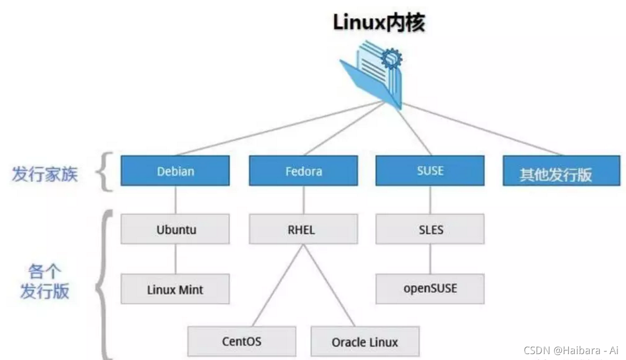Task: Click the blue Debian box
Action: pos(175,171)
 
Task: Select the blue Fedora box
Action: pos(303,171)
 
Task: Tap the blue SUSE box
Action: pos(430,171)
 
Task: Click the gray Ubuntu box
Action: pos(175,229)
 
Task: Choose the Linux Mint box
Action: pos(175,289)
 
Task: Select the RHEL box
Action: pos(303,229)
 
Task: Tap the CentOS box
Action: pos(241,341)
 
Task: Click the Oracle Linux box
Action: pos(365,341)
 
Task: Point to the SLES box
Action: pos(430,229)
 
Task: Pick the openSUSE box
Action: pos(430,288)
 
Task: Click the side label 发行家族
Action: pos(45,174)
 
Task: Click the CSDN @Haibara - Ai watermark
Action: pos(570,350)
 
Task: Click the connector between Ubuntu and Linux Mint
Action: pos(175,259)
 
